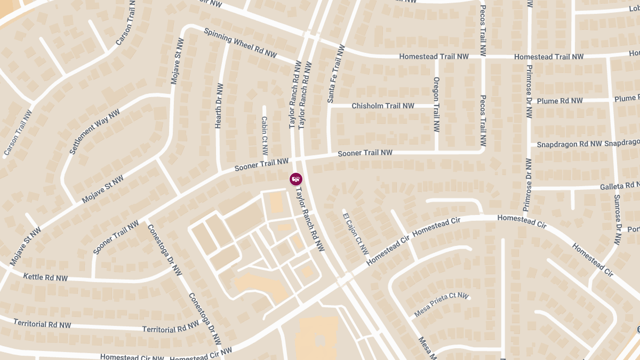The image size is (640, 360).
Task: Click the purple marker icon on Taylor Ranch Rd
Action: [296, 179]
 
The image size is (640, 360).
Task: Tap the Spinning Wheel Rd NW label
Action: [241, 43]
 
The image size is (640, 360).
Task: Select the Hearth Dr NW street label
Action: [219, 106]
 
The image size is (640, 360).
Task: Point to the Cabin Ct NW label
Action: [265, 137]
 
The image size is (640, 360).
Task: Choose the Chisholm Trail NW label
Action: [382, 106]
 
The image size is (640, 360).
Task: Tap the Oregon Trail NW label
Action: [436, 105]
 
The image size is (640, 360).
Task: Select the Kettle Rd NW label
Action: [45, 277]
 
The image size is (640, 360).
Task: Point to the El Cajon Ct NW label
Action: [356, 234]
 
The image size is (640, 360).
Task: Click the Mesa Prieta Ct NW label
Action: [441, 305]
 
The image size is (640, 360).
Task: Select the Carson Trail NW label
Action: [18, 133]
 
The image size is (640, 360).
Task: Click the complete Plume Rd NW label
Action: [559, 101]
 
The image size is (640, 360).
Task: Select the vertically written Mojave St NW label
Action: [175, 61]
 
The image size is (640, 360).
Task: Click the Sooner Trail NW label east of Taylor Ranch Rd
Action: [365, 153]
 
